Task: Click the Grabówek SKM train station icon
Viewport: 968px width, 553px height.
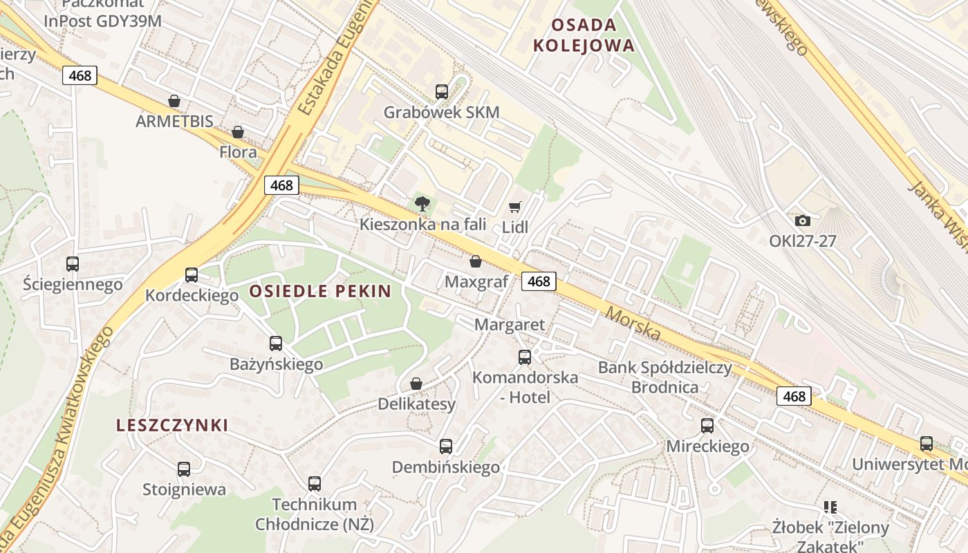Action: pyautogui.click(x=441, y=91)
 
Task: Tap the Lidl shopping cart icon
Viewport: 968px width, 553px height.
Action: pyautogui.click(x=514, y=207)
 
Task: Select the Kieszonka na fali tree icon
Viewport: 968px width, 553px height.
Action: pyautogui.click(x=422, y=203)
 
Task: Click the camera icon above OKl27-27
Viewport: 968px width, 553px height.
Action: pyautogui.click(x=802, y=221)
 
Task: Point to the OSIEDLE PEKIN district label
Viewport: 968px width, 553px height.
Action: pyautogui.click(x=320, y=291)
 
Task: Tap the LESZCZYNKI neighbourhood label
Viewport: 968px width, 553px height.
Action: pyautogui.click(x=172, y=425)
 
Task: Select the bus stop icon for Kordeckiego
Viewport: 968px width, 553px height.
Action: pyautogui.click(x=192, y=274)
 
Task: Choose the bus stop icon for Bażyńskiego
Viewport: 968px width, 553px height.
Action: pyautogui.click(x=276, y=343)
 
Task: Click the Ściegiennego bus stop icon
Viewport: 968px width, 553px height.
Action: pyautogui.click(x=73, y=263)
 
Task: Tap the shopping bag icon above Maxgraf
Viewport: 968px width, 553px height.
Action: pyautogui.click(x=476, y=261)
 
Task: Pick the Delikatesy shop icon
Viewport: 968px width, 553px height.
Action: pyautogui.click(x=416, y=384)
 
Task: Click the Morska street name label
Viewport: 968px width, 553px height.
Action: pyautogui.click(x=633, y=324)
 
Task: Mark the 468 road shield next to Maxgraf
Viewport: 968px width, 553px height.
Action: pyautogui.click(x=539, y=281)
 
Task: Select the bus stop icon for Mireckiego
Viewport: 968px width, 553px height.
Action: pyautogui.click(x=707, y=425)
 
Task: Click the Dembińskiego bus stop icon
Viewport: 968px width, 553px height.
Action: pyautogui.click(x=446, y=447)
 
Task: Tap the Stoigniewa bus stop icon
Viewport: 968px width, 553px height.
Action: pyautogui.click(x=184, y=469)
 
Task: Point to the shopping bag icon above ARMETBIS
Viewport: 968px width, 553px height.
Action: pyautogui.click(x=174, y=101)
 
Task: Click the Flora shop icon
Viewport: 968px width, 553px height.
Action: pyautogui.click(x=238, y=131)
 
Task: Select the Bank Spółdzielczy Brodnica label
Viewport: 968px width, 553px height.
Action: pyautogui.click(x=664, y=377)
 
